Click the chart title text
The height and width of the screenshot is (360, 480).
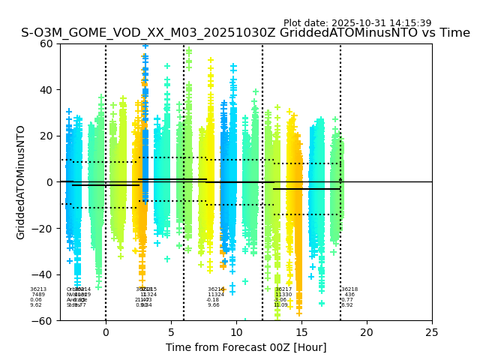[x=245, y=33]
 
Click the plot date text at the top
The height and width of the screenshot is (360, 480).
[x=357, y=23]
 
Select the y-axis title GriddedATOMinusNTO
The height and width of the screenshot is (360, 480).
[x=21, y=182]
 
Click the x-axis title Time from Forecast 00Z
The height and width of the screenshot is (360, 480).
[x=246, y=347]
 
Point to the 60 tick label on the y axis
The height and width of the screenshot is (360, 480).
[x=46, y=43]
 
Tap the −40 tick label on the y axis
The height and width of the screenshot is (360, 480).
[x=43, y=274]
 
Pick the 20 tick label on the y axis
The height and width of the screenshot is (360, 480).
[x=46, y=136]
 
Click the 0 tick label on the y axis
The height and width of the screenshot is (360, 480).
[x=49, y=182]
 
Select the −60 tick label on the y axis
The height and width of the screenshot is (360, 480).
[x=43, y=321]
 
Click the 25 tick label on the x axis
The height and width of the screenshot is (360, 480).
[x=432, y=332]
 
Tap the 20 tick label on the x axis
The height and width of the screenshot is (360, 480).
[x=367, y=332]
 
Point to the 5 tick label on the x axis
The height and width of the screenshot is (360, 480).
[x=171, y=332]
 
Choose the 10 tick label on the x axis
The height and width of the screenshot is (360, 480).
[x=236, y=332]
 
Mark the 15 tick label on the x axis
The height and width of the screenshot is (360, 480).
[x=301, y=332]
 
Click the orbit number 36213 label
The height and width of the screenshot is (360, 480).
[x=38, y=289]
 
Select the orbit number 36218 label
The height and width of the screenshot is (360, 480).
[x=349, y=289]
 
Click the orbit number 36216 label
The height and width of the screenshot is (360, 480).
[x=216, y=289]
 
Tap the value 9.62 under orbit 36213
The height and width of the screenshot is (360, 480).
[x=36, y=305]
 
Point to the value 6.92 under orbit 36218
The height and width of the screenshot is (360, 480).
[x=347, y=305]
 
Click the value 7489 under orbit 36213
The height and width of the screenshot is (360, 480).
[x=38, y=295]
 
